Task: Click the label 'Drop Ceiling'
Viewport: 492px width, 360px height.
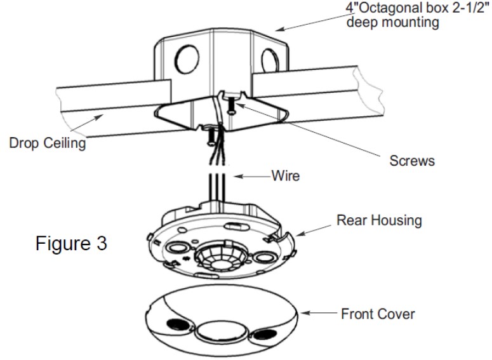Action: [47, 143]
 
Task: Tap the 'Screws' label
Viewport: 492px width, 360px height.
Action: [412, 160]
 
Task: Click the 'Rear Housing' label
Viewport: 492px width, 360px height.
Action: [379, 220]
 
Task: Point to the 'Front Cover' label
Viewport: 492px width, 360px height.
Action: [379, 314]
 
